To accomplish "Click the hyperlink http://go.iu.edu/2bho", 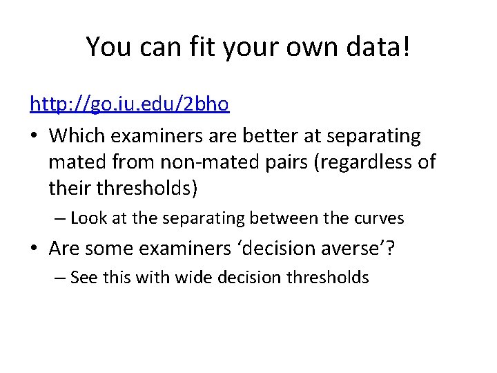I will [129, 105].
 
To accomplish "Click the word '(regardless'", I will [360, 162].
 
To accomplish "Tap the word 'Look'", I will [87, 218].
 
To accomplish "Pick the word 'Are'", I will [67, 248].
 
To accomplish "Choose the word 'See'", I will [84, 278].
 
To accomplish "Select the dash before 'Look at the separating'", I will [61, 219].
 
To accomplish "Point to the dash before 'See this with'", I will [61, 278].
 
